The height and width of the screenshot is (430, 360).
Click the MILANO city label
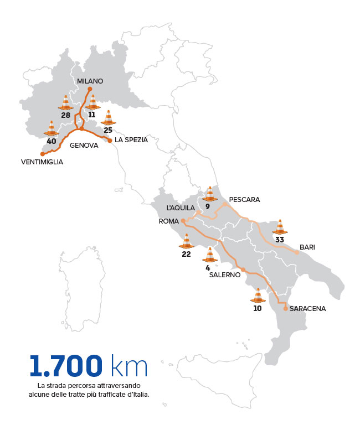90,81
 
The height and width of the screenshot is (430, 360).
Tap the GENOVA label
84,146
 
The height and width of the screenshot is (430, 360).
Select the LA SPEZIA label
131,140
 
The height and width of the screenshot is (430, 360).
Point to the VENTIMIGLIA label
42,162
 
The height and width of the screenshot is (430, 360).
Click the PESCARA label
244,199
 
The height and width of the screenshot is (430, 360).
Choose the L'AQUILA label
181,208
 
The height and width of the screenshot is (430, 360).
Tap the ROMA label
168,221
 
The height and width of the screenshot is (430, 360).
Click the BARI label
307,247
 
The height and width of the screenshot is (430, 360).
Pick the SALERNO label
224,274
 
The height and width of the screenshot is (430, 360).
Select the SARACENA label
307,308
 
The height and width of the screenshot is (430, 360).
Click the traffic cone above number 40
52,128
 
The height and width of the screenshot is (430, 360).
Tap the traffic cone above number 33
280,227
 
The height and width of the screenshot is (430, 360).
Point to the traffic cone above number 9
209,194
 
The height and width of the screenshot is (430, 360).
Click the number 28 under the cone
65,115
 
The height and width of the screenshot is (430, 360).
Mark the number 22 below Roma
186,254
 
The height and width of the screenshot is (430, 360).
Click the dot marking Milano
90,89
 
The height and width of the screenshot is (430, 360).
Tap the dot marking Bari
297,253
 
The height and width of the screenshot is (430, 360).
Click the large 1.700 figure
66,366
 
